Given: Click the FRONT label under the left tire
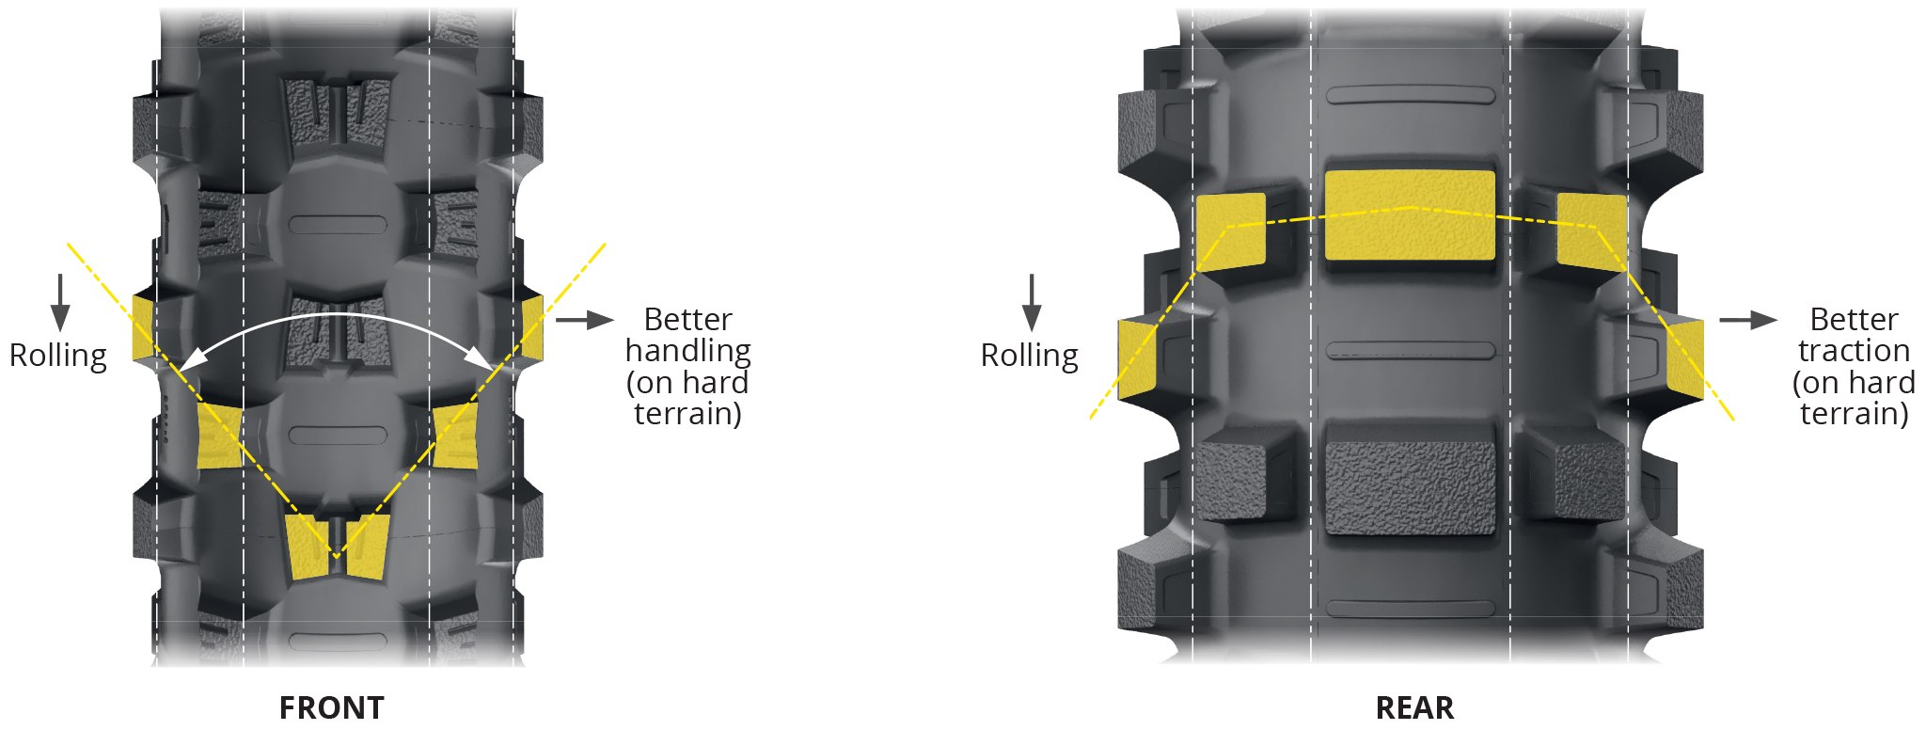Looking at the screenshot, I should (x=332, y=707).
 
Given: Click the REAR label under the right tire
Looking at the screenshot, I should (x=1414, y=707).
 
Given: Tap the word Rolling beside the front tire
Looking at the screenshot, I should (x=58, y=356).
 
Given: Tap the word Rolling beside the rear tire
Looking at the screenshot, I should (x=1030, y=356).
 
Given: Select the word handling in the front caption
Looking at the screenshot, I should (x=687, y=351).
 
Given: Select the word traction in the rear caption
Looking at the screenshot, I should (x=1854, y=351).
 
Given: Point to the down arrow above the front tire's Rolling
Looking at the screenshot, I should (x=60, y=302).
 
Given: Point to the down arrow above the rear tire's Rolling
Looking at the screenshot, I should (x=1032, y=302).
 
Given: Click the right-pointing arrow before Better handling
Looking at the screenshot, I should (x=584, y=321).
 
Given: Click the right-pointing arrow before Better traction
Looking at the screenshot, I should (x=1748, y=321).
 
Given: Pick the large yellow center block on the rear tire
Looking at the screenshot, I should (x=1410, y=215).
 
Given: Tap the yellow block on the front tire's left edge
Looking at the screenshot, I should (x=143, y=328).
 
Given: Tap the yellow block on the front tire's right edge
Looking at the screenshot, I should (x=532, y=327).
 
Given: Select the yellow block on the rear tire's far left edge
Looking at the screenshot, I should (x=1139, y=358).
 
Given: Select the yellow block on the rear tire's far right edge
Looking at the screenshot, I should (x=1684, y=357).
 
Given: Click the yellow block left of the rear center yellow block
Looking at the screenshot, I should (x=1230, y=231).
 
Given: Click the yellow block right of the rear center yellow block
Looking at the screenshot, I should (x=1591, y=231).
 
